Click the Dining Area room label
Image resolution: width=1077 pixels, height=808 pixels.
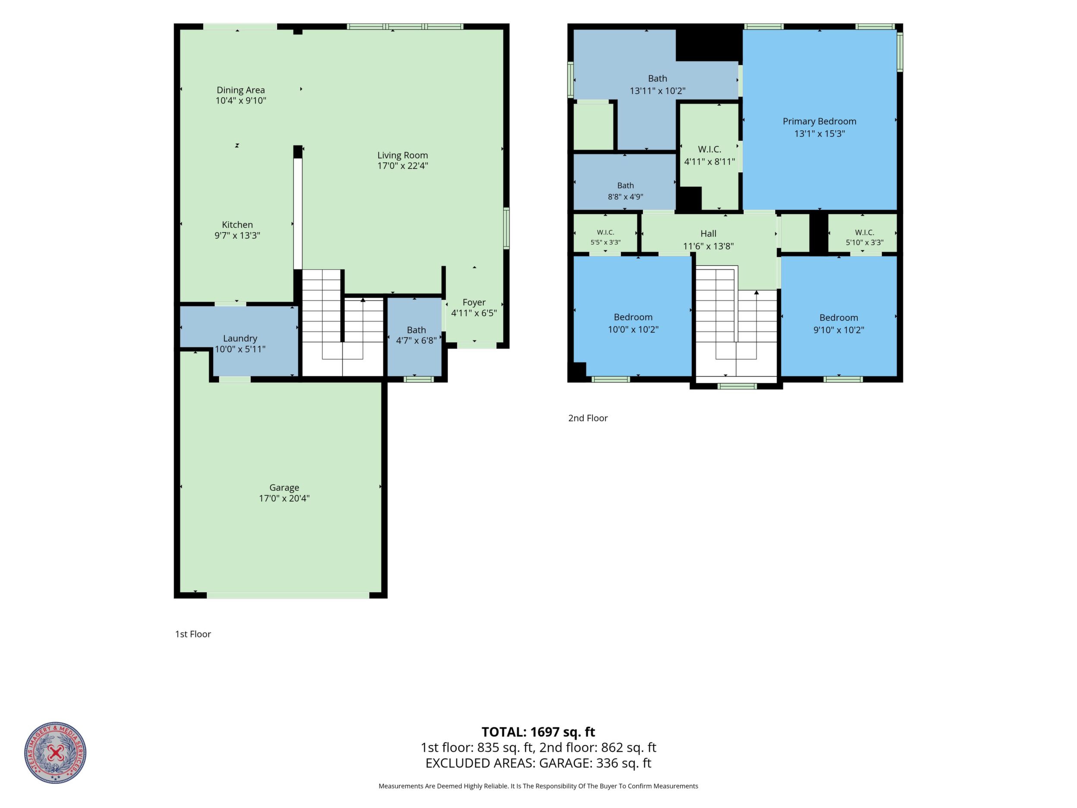[240, 90]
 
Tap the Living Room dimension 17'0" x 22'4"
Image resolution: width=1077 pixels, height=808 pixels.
[403, 166]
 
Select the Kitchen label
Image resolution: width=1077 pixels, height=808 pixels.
[238, 224]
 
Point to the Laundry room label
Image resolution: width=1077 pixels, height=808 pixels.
[240, 338]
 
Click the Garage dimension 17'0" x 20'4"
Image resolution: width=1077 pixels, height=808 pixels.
[284, 498]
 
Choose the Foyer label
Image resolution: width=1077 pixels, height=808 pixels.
[474, 303]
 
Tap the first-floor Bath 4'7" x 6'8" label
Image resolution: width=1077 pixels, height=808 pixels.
[416, 335]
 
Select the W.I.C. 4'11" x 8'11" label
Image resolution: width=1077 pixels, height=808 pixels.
[710, 155]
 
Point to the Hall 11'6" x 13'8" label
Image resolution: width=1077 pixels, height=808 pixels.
[709, 240]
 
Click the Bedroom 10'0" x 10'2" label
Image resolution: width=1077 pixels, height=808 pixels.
[633, 323]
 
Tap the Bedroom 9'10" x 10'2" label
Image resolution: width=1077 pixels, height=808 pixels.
[838, 323]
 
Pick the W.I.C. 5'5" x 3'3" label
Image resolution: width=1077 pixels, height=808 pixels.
[605, 237]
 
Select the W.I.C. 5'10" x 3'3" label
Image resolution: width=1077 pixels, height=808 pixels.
[864, 237]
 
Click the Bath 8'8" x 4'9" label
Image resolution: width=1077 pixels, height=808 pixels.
[626, 191]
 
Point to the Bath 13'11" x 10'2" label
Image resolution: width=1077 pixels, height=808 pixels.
[657, 84]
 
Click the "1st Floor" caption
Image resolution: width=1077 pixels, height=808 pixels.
[193, 634]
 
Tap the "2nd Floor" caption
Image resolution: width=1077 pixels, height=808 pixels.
[588, 418]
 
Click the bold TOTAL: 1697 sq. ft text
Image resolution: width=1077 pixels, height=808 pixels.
[538, 732]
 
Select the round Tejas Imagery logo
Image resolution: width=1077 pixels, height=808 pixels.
[56, 752]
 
